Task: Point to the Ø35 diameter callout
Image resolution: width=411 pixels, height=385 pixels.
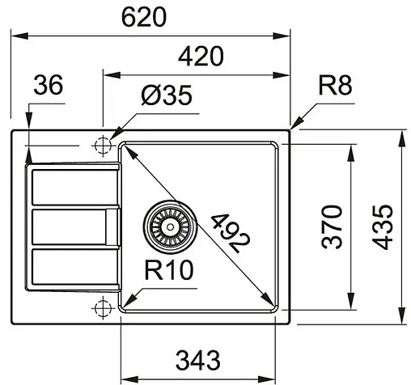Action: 165,96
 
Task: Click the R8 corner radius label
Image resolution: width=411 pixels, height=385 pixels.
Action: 336,85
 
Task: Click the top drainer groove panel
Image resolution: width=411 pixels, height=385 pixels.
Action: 71,188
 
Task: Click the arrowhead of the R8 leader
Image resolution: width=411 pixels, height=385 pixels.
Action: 293,127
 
